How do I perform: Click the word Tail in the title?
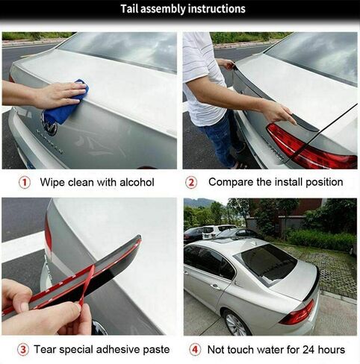(x=133, y=10)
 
